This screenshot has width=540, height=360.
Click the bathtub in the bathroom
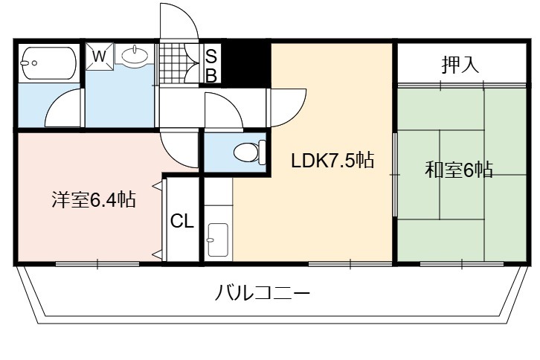point(49,63)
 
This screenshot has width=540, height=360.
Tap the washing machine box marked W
point(99,57)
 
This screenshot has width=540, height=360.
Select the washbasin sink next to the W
point(135,55)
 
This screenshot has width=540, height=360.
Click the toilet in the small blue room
point(250,152)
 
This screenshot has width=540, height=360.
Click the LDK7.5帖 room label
point(332,160)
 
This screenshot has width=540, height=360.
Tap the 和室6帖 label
point(459,170)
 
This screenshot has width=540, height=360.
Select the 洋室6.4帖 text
point(94,199)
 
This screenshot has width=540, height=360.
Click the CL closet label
point(182,221)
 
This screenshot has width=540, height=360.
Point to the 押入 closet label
point(460,65)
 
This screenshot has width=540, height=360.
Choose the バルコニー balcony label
point(263,294)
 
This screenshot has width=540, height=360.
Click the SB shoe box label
point(210,65)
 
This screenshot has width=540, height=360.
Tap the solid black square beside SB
point(245,64)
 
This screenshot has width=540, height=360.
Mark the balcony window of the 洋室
point(97,264)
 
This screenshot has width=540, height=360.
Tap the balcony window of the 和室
point(462,264)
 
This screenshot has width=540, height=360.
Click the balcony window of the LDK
point(350,264)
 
